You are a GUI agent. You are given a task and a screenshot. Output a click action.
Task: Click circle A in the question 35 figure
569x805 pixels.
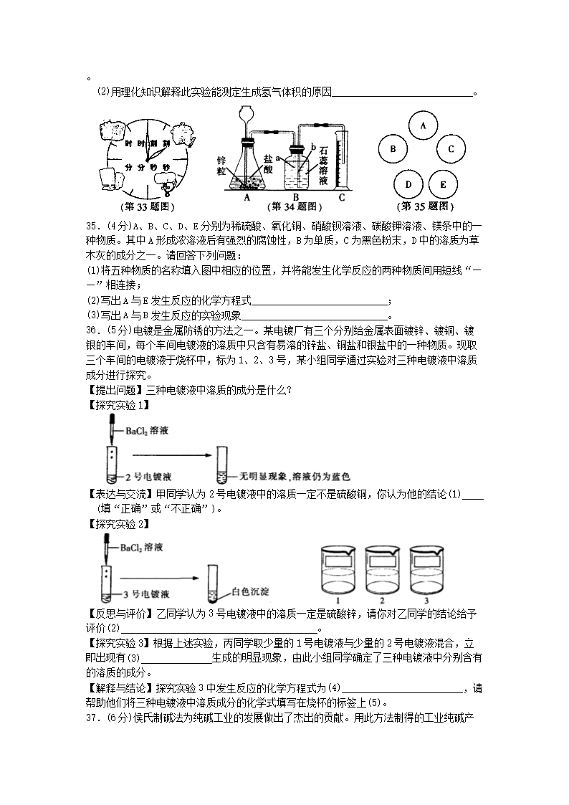pos(423,125)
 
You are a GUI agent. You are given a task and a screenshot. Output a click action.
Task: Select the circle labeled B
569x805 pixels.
pos(393,149)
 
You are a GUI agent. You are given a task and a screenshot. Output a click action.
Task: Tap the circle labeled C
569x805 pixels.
pos(451,149)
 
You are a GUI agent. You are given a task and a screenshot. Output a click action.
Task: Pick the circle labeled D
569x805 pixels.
pos(408,184)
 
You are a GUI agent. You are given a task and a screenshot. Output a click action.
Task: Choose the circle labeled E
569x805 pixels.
pos(443,184)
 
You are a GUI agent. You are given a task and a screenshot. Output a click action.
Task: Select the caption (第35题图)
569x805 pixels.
pos(426,206)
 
